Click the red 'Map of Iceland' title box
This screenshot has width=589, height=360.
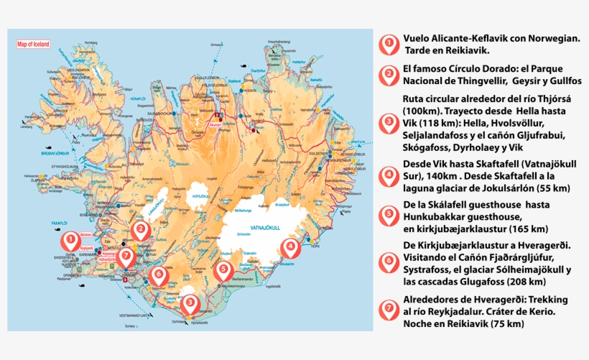(34, 45)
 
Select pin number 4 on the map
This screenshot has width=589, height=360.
(290, 249)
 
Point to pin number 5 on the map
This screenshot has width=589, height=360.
(223, 270)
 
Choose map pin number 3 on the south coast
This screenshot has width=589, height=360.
(190, 303)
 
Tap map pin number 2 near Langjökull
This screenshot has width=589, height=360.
(141, 231)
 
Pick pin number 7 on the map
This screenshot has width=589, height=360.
(126, 255)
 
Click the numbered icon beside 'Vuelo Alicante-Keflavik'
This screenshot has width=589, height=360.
(389, 45)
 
